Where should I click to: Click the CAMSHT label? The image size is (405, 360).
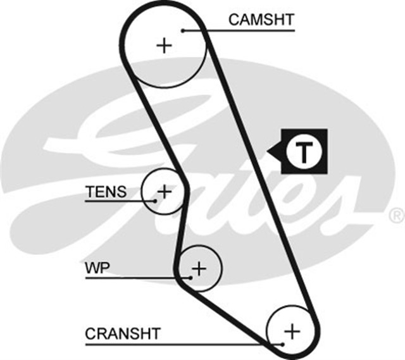coord(261,19)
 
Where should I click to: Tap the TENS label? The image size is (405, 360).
coord(106,192)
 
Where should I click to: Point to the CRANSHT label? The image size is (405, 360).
coord(123,333)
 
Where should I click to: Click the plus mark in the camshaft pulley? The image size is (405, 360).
coord(165,45)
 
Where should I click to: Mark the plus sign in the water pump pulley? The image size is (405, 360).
coord(199,269)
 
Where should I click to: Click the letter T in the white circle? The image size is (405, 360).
coord(304,152)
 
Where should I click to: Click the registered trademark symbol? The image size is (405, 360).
coord(396,214)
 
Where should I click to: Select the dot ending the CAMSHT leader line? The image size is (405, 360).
coord(182,30)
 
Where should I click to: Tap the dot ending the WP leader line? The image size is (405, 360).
coord(190,276)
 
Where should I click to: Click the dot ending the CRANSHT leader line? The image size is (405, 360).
coord(282,344)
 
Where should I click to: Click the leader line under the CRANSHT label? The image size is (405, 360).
coord(184,344)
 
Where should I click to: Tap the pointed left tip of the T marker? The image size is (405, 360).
coord(269,152)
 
